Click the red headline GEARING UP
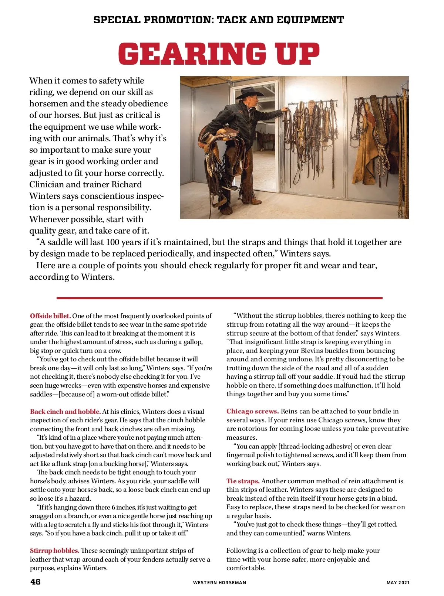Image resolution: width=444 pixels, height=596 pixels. (219, 54)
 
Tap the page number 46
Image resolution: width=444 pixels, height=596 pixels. (36, 582)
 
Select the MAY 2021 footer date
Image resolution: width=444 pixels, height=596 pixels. (398, 583)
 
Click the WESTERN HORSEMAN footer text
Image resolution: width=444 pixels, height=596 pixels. (219, 583)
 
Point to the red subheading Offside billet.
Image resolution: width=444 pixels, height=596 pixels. (50, 316)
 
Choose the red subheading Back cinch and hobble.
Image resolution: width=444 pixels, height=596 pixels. (65, 412)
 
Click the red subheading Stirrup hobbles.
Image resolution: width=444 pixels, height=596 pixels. (54, 551)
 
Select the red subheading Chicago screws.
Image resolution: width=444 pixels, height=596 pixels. (252, 411)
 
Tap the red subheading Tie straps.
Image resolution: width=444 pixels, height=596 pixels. (243, 481)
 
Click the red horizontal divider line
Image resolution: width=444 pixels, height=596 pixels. (219, 298)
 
